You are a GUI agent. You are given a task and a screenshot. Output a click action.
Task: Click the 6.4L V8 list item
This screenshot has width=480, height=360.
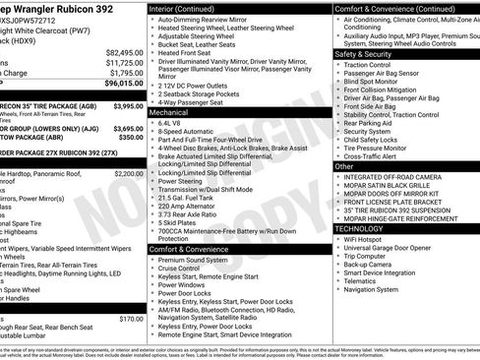click(171, 123)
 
